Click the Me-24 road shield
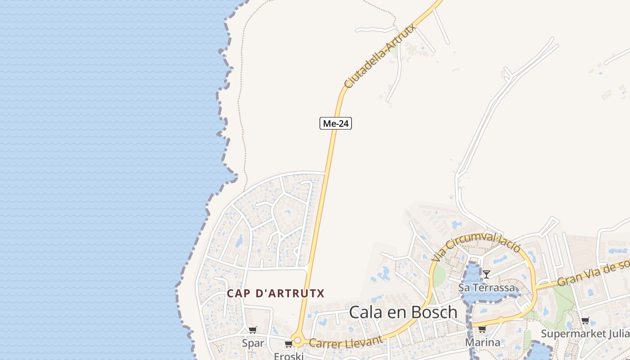point(335,123)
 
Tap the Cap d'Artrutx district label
point(275,293)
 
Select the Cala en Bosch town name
point(403,312)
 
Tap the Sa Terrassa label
point(486,287)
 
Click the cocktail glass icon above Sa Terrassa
point(486,274)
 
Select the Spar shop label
point(253,343)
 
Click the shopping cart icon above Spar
point(253,330)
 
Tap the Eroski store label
point(289,356)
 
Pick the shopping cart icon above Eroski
point(288,344)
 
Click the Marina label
point(482,342)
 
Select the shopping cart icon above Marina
point(482,329)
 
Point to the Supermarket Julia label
point(585,333)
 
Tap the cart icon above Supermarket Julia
point(585,320)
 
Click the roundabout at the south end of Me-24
point(297,340)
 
